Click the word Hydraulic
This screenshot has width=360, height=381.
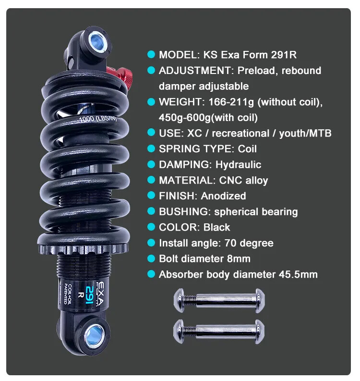point(238,164)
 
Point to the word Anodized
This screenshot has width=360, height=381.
point(223,196)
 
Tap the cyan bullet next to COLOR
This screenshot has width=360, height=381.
point(151,227)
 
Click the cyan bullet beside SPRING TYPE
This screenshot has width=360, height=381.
point(151,148)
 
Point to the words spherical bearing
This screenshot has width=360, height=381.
point(256,211)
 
